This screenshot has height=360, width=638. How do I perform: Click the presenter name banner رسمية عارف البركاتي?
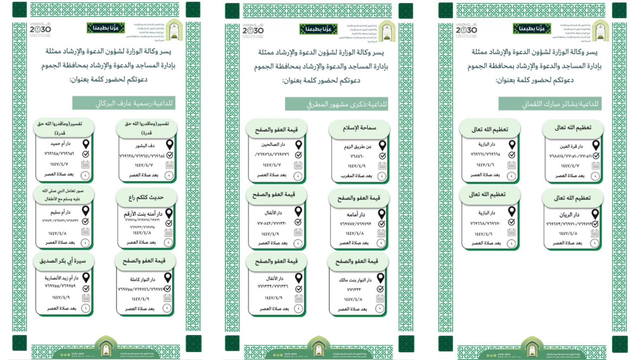[124, 103]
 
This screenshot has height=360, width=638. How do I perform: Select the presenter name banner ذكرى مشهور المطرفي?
[336, 104]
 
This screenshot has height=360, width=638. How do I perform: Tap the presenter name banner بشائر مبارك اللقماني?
[550, 104]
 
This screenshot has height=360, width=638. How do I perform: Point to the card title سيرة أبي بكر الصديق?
[64, 261]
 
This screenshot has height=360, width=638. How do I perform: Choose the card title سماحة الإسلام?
[359, 128]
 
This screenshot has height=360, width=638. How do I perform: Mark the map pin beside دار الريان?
[595, 214]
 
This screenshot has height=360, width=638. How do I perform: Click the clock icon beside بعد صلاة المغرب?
[382, 176]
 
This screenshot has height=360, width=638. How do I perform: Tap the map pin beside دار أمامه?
[382, 213]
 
